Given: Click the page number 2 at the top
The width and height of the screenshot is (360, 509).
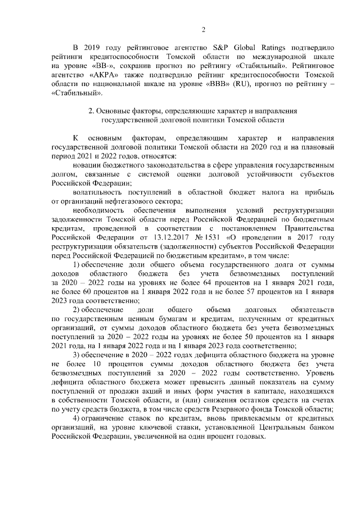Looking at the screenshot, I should point(204,30).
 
